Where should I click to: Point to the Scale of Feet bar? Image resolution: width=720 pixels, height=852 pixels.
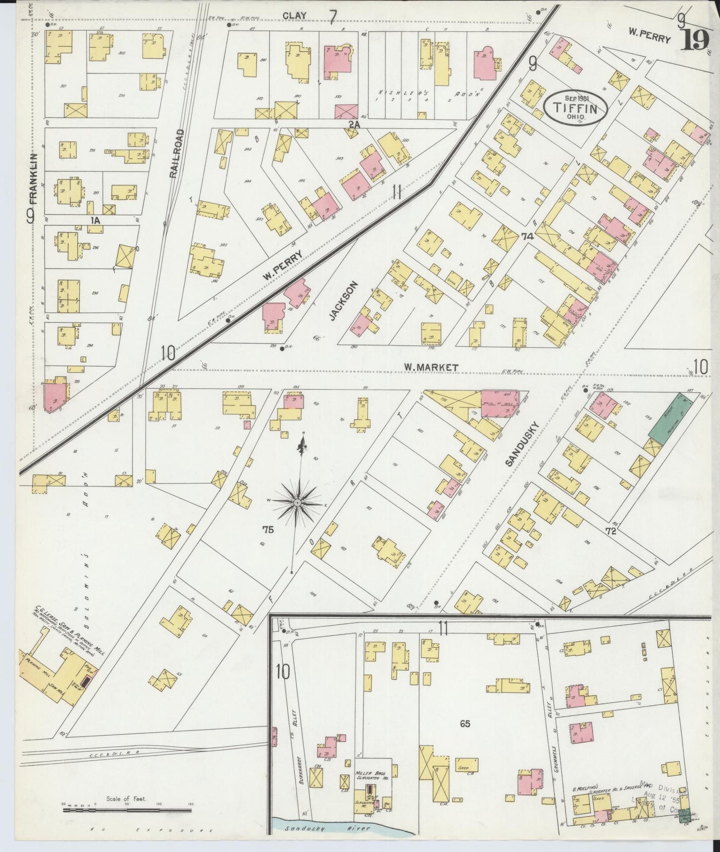coord(127,810)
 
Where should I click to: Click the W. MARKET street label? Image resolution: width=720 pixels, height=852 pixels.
coord(431,367)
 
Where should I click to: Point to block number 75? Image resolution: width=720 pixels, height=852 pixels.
coord(268,530)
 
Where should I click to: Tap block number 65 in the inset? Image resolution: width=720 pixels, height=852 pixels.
coord(464,723)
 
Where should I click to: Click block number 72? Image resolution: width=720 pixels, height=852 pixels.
coord(611,531)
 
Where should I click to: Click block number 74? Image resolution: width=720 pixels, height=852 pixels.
coord(527,237)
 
